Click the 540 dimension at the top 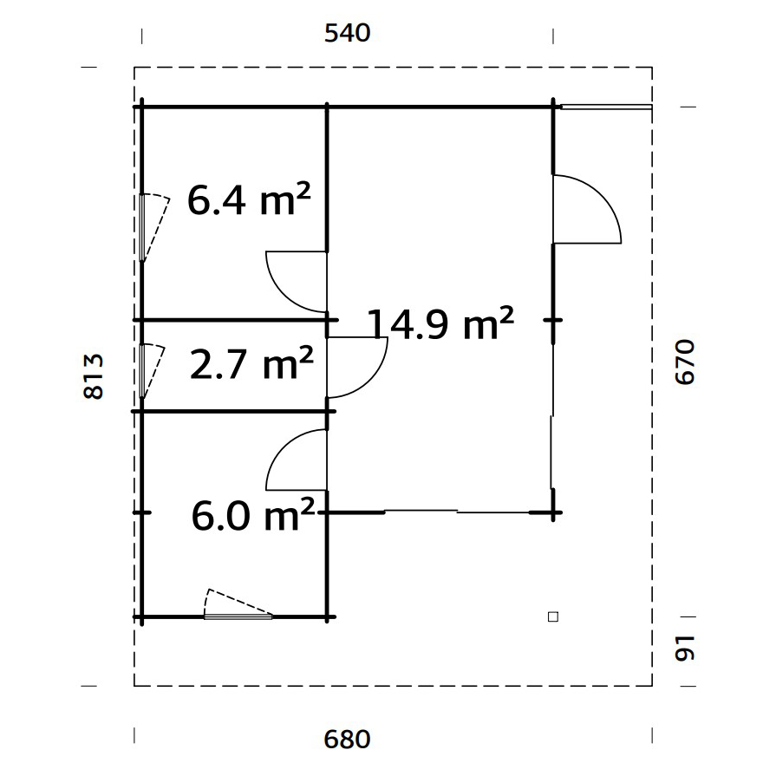(347, 34)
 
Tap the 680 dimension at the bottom (347, 740)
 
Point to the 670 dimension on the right (685, 362)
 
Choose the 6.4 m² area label (249, 201)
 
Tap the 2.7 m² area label (251, 365)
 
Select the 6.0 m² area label (251, 518)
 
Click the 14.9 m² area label (441, 324)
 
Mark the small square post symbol (552, 617)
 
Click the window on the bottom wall (238, 616)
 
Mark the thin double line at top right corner (604, 108)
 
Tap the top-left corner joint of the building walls (141, 107)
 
